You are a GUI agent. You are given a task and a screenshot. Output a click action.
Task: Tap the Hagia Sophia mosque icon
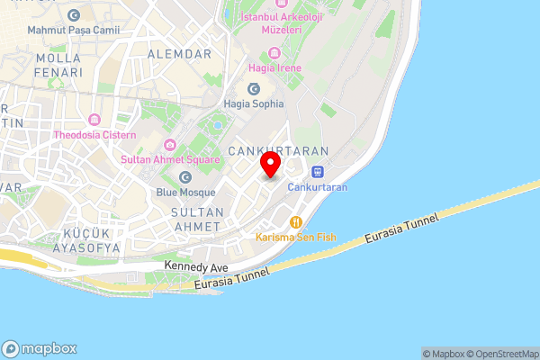253,88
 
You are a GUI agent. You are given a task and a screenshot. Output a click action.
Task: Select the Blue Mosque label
185,193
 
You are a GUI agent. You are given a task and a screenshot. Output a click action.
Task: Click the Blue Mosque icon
185,177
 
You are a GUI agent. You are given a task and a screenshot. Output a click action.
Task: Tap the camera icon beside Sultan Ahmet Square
169,146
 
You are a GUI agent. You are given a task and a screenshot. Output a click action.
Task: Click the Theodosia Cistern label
94,135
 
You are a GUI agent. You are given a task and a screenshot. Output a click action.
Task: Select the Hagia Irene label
276,67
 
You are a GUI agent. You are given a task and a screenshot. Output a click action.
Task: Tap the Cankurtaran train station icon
317,172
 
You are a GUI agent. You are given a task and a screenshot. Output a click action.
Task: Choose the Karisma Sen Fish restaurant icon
294,221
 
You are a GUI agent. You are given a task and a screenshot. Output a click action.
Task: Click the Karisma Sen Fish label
296,237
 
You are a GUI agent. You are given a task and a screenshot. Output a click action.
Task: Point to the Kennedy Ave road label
197,268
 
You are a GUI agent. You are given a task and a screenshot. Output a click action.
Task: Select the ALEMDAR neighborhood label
185,54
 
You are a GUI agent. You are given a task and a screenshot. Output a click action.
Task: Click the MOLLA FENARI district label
58,64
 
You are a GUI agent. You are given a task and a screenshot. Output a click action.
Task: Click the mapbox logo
40,348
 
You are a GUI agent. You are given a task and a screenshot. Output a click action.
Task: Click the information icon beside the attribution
427,354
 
